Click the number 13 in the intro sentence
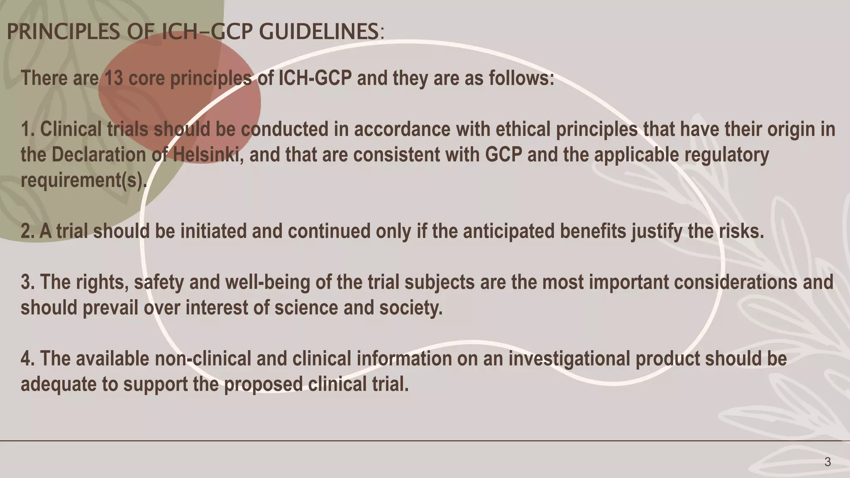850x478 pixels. click(114, 78)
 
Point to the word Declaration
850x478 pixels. click(99, 155)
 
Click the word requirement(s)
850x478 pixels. click(83, 180)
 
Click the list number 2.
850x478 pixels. click(27, 231)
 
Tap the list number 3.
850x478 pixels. click(27, 283)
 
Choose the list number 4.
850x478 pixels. click(27, 359)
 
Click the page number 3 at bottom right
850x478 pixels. click(828, 462)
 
